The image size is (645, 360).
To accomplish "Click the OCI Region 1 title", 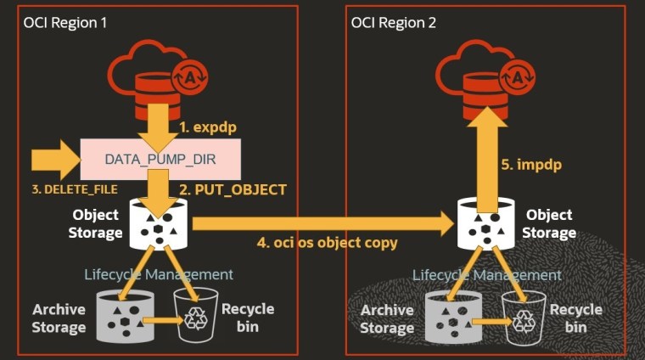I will (x=65, y=23).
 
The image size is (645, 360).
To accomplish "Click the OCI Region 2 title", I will (x=393, y=23).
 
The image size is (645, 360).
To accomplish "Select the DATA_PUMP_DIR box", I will (x=160, y=159).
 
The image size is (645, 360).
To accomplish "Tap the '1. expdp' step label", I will (x=208, y=127).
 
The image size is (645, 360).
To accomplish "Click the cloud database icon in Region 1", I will (x=160, y=76).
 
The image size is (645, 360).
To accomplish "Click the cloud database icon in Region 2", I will (x=485, y=76).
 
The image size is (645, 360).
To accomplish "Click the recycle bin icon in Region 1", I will (x=195, y=316).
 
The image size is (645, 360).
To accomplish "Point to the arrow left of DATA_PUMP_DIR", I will (x=53, y=159).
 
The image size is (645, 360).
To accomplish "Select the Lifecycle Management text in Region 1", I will (x=159, y=274).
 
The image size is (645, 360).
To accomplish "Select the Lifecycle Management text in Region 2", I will (x=486, y=275).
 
